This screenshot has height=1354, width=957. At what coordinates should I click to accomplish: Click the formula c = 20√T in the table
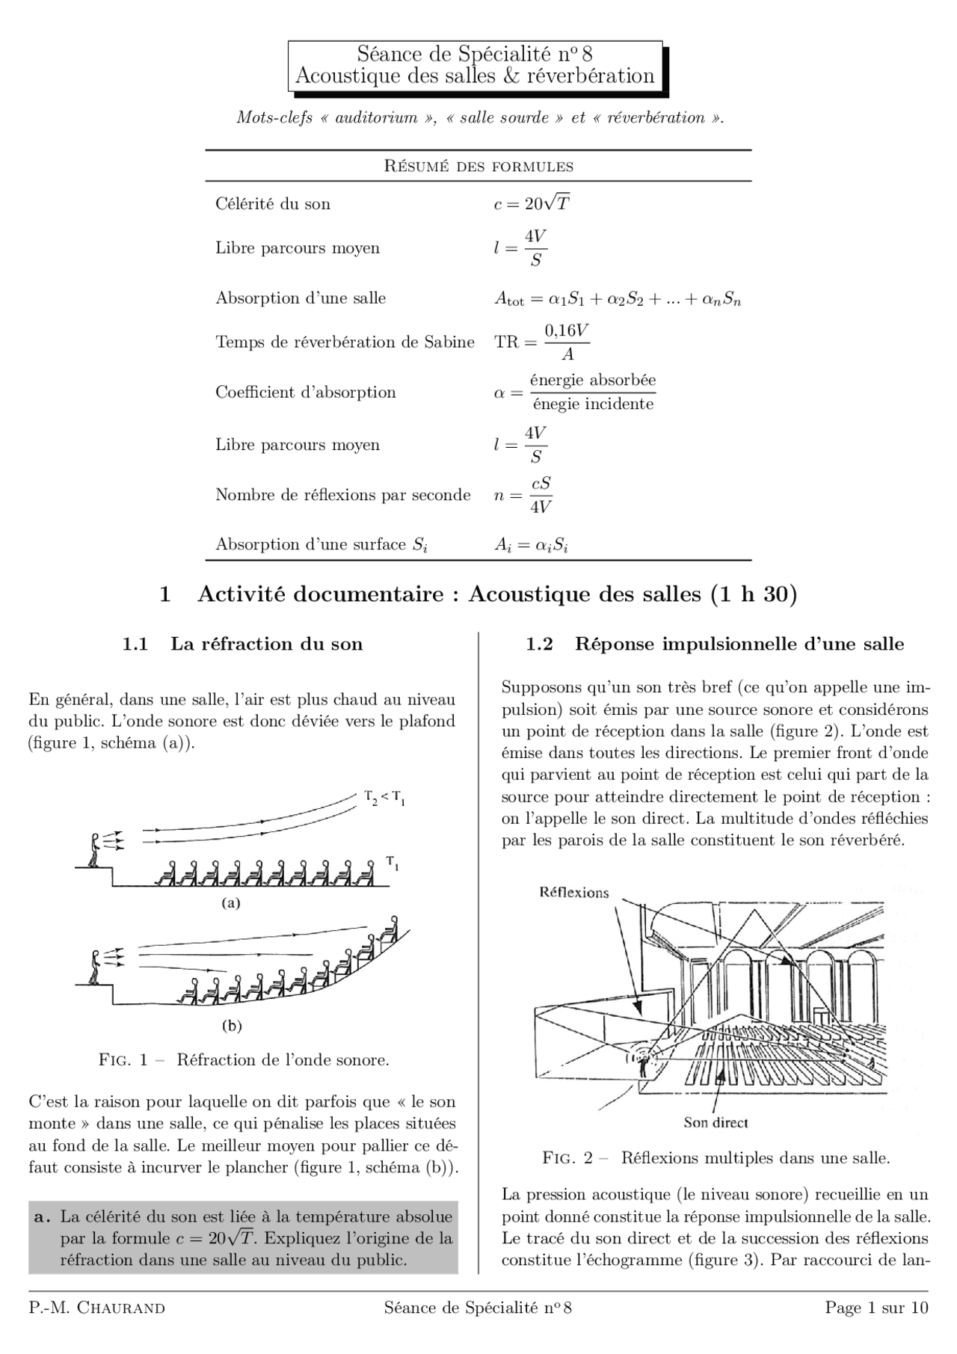532,203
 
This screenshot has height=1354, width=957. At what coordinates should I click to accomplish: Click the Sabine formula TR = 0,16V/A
542,342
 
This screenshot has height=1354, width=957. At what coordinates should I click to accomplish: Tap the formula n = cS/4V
523,495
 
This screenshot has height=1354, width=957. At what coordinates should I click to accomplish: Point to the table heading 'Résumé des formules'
478,166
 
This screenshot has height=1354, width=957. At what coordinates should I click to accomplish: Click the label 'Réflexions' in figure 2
574,892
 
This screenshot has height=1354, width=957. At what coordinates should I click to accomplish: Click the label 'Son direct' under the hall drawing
716,1122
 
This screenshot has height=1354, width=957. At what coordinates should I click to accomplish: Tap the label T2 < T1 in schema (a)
384,798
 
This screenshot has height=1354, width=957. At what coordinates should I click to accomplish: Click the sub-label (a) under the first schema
231,902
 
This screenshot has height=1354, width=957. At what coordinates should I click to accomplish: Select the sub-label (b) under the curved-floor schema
232,1026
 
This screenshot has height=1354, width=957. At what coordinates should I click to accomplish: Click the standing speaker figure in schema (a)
94,850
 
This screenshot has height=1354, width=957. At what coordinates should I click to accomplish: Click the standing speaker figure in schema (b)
94,967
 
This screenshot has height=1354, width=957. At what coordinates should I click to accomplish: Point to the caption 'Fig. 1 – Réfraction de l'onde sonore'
244,1060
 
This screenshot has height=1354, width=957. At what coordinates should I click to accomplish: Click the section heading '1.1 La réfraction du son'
243,644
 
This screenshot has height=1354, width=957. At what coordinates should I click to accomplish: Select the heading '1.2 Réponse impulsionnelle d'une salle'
715,644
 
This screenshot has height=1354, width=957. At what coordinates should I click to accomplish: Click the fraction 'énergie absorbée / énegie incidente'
593,393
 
